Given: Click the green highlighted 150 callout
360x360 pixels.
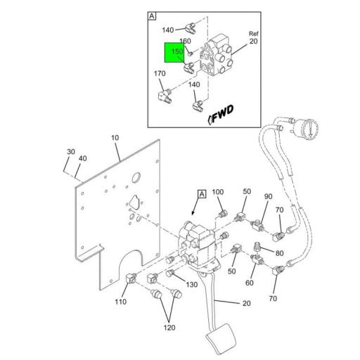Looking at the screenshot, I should click(176, 53).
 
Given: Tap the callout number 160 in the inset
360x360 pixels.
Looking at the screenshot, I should click(185, 41).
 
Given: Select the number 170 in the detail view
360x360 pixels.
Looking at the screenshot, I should click(160, 74).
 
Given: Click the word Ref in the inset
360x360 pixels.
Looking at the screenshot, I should click(255, 34).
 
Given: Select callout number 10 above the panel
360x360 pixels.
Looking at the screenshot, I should click(115, 138).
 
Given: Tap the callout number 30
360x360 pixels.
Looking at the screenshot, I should click(71, 152).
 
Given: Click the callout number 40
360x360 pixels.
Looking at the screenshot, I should click(83, 159).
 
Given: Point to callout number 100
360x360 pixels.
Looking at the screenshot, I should click(217, 192).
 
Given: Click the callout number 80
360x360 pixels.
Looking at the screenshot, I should click(279, 254).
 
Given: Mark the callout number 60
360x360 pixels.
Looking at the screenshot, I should click(249, 283).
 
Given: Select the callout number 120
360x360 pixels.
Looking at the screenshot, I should click(169, 327).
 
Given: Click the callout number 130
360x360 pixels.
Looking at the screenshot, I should click(192, 284).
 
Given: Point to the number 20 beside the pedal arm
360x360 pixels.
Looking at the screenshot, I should click(246, 304).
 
